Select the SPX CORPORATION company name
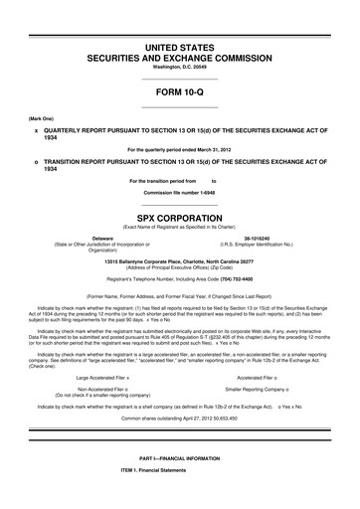(x=179, y=213)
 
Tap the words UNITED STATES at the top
(x=179, y=48)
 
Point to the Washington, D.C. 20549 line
(x=179, y=68)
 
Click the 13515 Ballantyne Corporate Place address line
(x=179, y=259)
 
